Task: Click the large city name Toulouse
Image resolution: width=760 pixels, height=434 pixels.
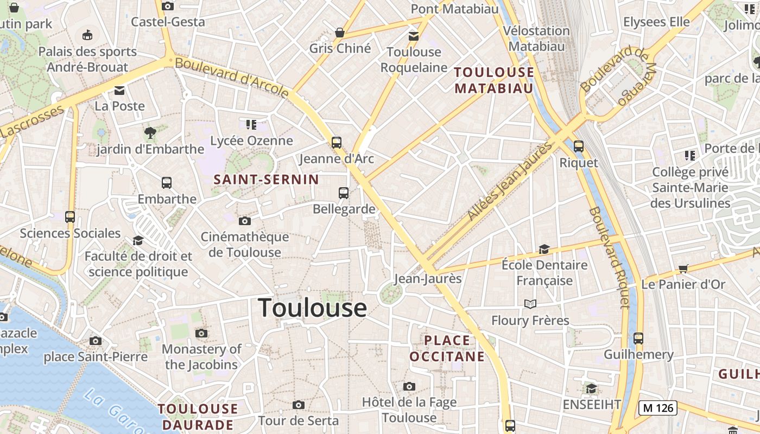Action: click(312, 308)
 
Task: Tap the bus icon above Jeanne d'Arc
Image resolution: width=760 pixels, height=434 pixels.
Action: click(337, 143)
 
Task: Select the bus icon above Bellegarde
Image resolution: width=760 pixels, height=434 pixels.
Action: click(344, 193)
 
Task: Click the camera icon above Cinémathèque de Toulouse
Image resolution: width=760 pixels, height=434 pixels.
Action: click(245, 221)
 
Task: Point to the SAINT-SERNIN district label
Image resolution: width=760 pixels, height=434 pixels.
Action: click(266, 179)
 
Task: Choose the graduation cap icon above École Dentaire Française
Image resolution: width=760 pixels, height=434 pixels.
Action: click(544, 250)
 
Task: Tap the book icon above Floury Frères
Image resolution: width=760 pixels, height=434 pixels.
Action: click(530, 304)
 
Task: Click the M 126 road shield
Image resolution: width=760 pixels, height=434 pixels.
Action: click(658, 408)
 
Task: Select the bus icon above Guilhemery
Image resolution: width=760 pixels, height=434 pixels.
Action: click(638, 339)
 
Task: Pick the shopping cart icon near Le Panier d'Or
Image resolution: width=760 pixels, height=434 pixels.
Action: click(683, 269)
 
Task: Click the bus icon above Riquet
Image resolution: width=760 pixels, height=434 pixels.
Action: click(579, 146)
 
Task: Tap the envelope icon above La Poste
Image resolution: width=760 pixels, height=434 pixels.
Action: click(119, 90)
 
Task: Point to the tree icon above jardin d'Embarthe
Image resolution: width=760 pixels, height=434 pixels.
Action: click(150, 132)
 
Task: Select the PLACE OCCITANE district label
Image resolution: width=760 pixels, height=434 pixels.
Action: click(447, 348)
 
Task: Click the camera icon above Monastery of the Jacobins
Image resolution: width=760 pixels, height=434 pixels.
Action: click(201, 333)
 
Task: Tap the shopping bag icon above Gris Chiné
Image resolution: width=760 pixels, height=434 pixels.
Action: click(340, 33)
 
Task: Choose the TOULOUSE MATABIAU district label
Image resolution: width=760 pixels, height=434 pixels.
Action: click(494, 80)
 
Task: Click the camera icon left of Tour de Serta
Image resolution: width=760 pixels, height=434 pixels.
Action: click(298, 405)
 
